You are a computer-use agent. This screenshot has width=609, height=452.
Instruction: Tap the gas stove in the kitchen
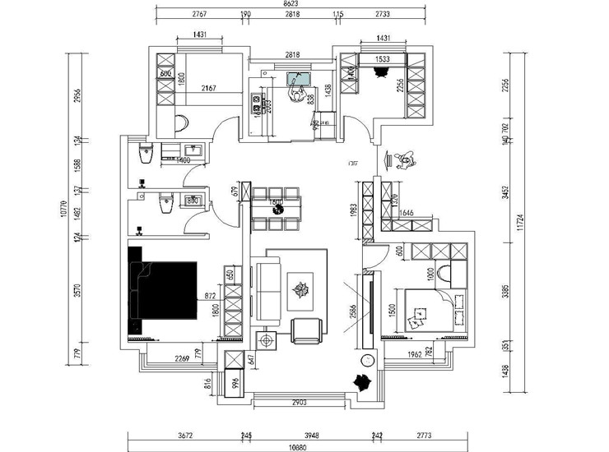coord(257,104)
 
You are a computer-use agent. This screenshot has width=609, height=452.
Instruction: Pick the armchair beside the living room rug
coord(307,330)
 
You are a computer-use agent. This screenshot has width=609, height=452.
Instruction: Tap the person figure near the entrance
coord(402,159)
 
